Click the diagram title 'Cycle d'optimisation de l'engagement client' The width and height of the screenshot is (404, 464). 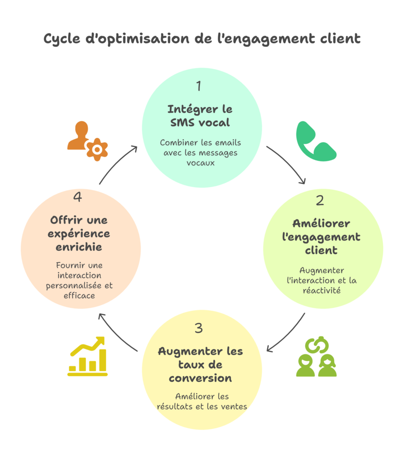tap(202, 39)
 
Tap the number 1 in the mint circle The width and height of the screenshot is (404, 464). tap(198, 86)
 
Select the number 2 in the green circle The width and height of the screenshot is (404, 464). tap(320, 201)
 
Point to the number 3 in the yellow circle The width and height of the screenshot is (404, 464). tap(198, 328)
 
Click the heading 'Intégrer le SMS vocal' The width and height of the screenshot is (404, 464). tap(199, 115)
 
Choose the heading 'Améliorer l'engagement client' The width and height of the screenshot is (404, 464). tap(321, 237)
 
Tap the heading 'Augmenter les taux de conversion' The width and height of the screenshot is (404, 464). tap(200, 364)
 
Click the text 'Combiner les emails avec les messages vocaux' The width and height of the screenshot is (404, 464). tap(200, 152)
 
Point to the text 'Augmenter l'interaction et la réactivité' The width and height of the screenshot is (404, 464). tap(321, 280)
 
